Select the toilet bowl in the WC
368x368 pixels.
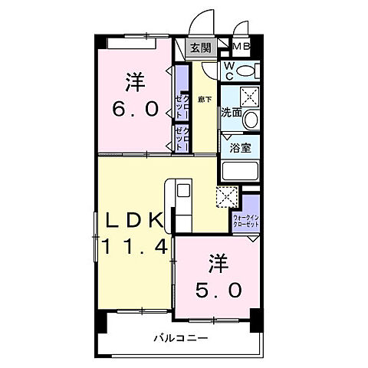coord(246,71)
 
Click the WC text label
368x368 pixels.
coord(228,71)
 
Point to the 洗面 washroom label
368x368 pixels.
coord(232,113)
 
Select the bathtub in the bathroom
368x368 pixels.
coord(240,170)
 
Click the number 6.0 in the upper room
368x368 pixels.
coord(138,110)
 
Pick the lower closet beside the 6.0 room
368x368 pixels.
coord(182,138)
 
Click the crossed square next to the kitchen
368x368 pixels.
coord(225,195)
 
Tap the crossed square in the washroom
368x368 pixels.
coord(248,96)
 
